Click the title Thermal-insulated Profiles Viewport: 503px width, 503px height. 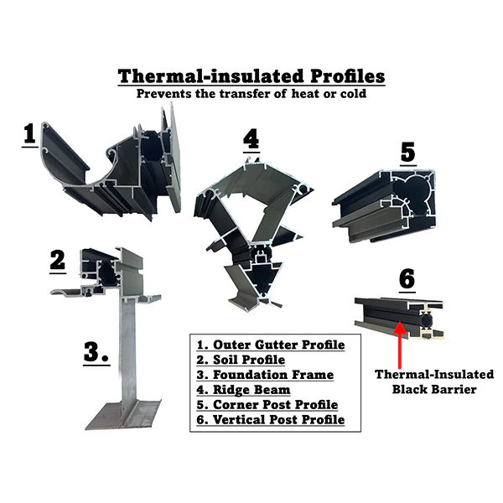(251, 76)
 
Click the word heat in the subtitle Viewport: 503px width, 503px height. (305, 94)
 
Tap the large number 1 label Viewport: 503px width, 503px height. (30, 134)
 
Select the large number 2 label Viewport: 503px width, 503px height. (58, 260)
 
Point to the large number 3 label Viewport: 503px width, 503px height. (96, 352)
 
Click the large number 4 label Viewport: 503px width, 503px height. (251, 139)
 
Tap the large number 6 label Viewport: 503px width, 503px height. (407, 279)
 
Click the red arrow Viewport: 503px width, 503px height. (399, 345)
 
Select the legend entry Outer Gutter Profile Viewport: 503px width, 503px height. (271, 345)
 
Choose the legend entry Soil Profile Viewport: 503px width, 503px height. (241, 360)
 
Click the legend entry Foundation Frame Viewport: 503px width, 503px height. (265, 375)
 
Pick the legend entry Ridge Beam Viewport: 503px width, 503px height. (243, 390)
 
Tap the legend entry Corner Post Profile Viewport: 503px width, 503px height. (267, 405)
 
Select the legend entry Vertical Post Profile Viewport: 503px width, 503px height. (271, 420)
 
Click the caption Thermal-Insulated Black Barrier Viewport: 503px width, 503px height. (434, 381)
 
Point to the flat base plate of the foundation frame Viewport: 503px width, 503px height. (123, 415)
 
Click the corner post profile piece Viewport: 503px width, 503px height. (384, 206)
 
